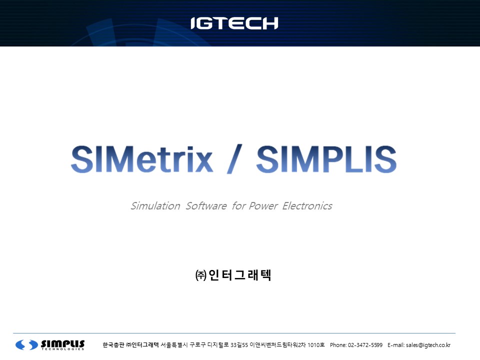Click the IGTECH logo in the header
(x=234, y=23)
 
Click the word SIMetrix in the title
(x=141, y=159)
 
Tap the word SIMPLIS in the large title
(x=326, y=159)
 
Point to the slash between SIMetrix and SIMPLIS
(x=234, y=159)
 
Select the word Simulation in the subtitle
(x=155, y=206)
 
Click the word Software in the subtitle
(x=206, y=206)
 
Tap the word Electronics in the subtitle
(x=307, y=206)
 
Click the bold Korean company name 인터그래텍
(x=239, y=275)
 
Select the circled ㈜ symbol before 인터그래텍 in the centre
(x=201, y=275)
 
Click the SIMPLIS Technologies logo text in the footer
(x=63, y=344)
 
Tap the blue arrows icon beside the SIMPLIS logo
(x=26, y=344)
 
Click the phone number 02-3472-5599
(x=365, y=345)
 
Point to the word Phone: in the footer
(x=338, y=345)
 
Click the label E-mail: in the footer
(x=396, y=345)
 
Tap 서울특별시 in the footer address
(x=174, y=345)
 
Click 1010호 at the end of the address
(x=316, y=345)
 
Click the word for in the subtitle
(x=239, y=206)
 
